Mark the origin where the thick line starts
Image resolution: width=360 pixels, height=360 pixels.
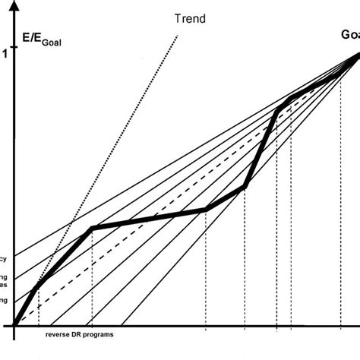[14, 326]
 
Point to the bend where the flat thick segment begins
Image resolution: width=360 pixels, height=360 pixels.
[92, 227]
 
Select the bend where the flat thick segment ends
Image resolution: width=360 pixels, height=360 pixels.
[206, 209]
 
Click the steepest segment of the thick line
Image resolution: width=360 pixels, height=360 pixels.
[261, 148]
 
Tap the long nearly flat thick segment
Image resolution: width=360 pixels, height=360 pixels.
[149, 218]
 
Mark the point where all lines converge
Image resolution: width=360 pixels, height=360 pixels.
[358, 52]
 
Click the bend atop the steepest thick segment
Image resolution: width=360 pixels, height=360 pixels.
[277, 109]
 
